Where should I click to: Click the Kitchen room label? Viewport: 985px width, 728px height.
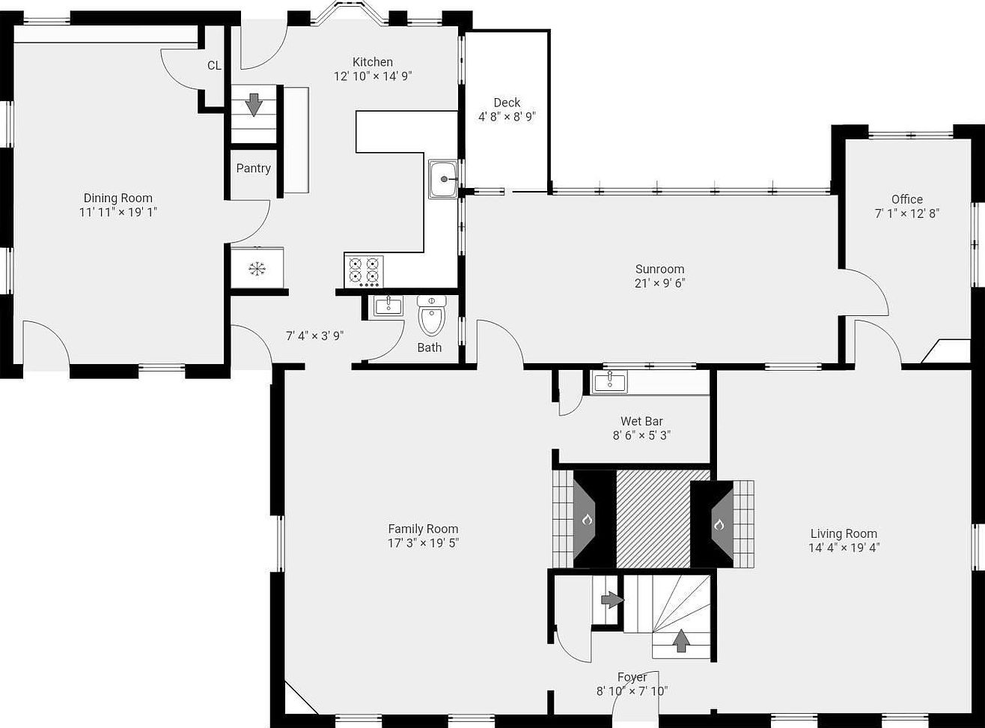point(373,61)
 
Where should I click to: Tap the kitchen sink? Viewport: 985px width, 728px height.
point(443,179)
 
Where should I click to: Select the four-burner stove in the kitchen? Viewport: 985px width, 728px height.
point(364,271)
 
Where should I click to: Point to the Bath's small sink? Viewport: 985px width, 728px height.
point(388,306)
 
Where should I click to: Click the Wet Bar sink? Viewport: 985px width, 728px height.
point(610,382)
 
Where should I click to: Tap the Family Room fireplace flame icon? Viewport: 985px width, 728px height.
point(586,519)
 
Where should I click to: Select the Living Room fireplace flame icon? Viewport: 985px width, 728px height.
point(719,525)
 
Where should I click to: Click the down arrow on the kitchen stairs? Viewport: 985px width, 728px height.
point(254,105)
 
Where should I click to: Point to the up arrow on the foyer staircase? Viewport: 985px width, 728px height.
point(681,640)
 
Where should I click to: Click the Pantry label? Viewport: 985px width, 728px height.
point(253,168)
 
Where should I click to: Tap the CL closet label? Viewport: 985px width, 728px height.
point(214,66)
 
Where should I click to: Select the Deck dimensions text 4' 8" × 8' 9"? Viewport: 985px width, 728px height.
point(507,117)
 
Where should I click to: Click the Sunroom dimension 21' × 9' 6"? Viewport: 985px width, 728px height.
point(660,283)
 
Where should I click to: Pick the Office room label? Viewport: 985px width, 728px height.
point(907,199)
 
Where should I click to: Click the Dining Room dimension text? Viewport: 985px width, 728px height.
point(118,213)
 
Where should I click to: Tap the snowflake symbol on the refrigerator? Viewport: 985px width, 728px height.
point(257,269)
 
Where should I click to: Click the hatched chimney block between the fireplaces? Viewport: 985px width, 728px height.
point(653,519)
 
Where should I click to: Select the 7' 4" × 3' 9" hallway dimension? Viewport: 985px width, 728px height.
point(314,336)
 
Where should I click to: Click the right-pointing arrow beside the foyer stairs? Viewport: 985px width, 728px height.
point(612,600)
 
